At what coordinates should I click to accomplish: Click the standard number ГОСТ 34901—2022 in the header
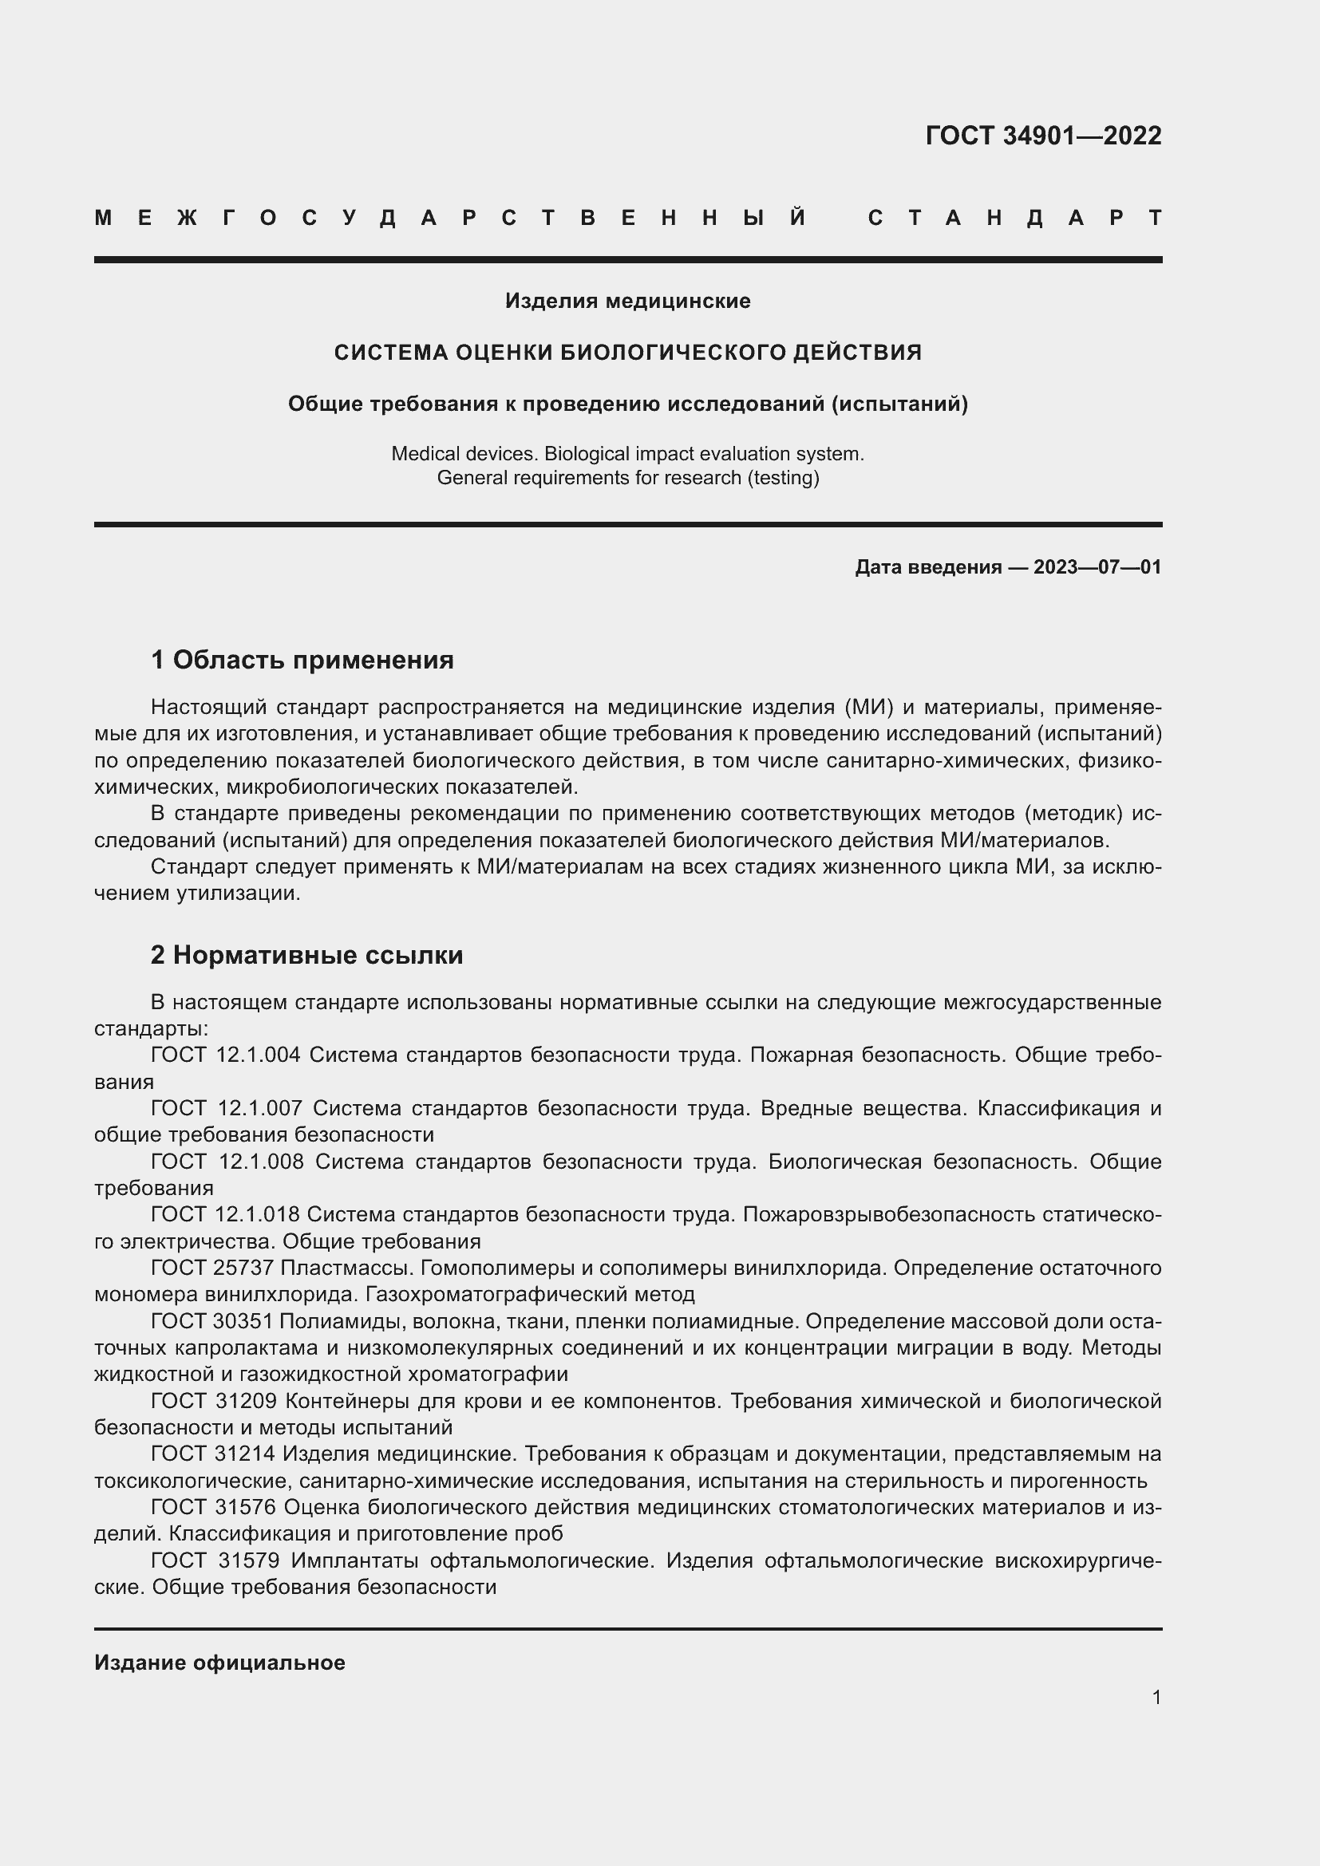pos(1043,136)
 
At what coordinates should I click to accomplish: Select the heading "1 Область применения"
pos(302,660)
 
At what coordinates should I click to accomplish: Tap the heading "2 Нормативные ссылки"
pos(306,955)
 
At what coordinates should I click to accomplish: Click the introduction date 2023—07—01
pos(1097,567)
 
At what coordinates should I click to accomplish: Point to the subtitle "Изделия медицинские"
pos(627,302)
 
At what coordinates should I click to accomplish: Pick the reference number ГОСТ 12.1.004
pos(226,1055)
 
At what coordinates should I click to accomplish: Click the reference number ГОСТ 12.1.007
pos(227,1109)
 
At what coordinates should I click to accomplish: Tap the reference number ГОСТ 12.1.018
pos(225,1214)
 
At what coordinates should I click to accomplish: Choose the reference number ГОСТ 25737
pos(212,1268)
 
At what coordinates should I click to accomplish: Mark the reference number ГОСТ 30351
pos(212,1320)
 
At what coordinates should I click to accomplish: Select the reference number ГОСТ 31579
pos(215,1560)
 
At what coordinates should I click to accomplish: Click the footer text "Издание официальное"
pos(219,1663)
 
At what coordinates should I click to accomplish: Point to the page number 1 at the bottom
pos(1156,1698)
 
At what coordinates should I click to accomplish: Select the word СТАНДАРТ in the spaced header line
pos(1014,218)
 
